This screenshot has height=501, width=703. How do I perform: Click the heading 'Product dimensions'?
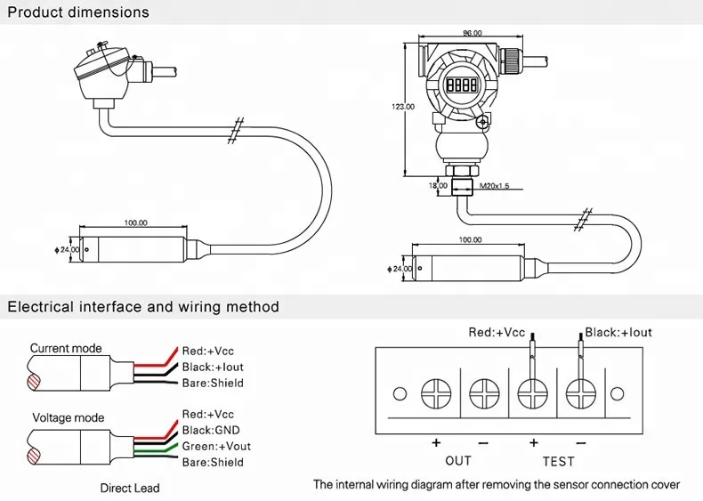78,13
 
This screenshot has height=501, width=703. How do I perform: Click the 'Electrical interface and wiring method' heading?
143,307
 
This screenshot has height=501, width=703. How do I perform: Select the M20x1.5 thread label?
495,187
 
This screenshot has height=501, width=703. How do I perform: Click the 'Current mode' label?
66,348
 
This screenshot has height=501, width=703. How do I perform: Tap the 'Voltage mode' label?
68,417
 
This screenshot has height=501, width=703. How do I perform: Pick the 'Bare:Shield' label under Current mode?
212,384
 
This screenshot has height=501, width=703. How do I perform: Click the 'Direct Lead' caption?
130,488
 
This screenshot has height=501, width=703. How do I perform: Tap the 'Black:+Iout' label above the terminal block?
618,332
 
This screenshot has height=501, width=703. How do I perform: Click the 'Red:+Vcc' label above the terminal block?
497,332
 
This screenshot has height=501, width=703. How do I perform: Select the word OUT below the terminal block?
457,461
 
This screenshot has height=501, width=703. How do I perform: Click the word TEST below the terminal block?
558,461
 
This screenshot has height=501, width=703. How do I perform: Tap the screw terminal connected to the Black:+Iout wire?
579,393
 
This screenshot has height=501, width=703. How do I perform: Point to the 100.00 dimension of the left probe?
135,223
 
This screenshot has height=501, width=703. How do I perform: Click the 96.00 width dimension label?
472,34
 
